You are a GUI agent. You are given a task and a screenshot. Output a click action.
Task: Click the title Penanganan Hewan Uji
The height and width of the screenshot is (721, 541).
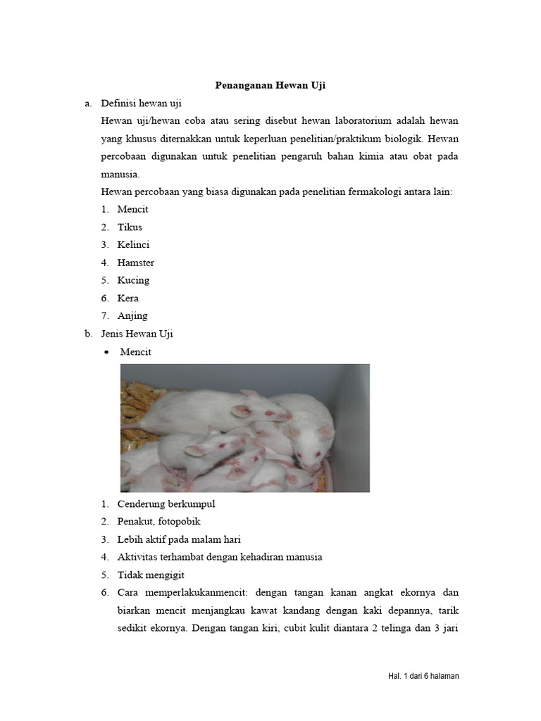[270, 85]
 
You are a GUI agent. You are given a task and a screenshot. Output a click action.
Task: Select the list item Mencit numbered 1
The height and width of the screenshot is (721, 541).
[132, 209]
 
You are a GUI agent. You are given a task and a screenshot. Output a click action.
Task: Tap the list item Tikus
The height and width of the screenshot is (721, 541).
[130, 227]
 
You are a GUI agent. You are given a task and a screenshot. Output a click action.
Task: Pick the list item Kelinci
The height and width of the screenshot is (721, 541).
[133, 244]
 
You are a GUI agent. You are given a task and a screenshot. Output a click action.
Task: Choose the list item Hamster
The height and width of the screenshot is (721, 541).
[135, 263]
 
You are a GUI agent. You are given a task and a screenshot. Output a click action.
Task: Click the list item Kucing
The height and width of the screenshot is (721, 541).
[133, 280]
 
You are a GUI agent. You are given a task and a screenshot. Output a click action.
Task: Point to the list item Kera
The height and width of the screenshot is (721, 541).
[128, 298]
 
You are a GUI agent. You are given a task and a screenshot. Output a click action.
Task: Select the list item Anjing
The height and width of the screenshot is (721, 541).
[132, 315]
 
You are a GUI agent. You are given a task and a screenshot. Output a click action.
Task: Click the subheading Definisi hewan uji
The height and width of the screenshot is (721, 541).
[142, 103]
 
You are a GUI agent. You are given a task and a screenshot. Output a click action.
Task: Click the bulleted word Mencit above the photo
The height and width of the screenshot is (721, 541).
[135, 351]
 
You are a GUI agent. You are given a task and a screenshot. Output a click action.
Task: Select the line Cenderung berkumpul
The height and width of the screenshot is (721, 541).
[166, 504]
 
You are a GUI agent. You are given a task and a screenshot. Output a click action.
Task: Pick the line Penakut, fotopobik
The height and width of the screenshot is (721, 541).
[158, 522]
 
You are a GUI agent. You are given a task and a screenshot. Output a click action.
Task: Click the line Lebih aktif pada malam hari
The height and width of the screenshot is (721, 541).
[179, 539]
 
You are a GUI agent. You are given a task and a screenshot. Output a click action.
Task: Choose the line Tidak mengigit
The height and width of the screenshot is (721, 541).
[150, 575]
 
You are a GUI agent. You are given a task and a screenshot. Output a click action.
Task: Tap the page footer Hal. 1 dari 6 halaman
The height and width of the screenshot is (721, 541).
[423, 676]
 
